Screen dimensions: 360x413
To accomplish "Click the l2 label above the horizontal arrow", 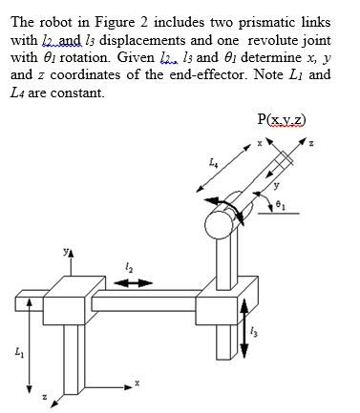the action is tap(126, 267).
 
